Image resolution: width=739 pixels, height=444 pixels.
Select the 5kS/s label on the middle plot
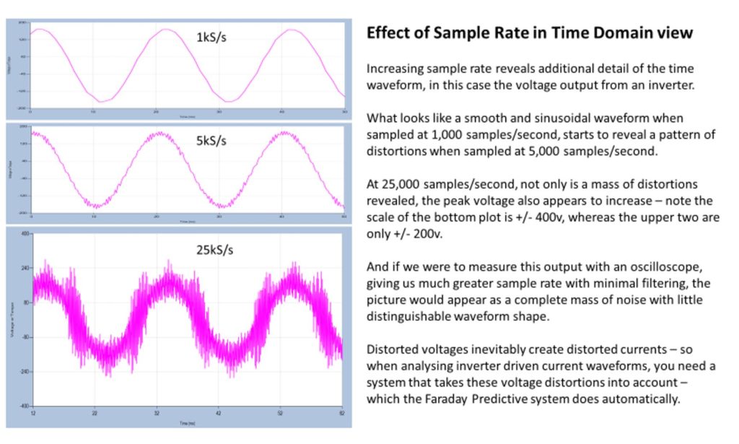(x=211, y=141)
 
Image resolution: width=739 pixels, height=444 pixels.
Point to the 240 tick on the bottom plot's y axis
(x=25, y=268)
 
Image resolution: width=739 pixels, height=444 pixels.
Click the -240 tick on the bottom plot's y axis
(x=24, y=372)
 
